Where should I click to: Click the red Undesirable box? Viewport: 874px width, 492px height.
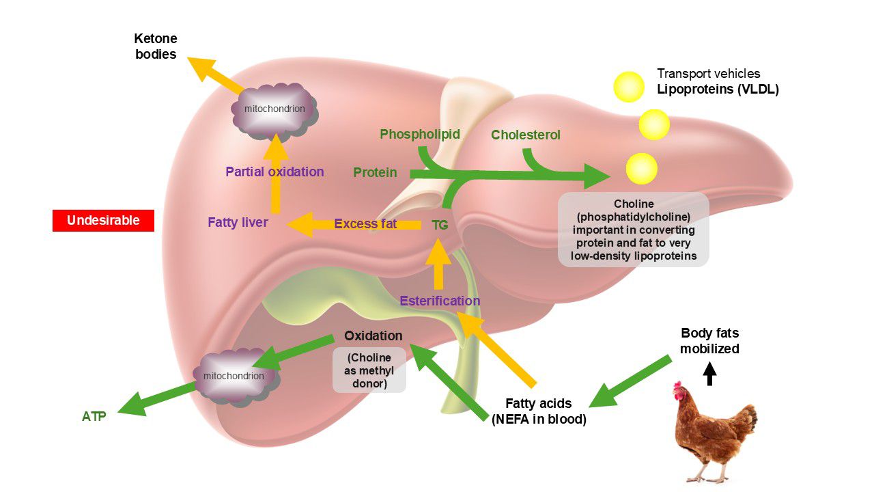(x=103, y=221)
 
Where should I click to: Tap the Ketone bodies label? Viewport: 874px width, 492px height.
(x=155, y=46)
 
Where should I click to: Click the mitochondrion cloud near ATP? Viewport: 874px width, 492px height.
(x=234, y=376)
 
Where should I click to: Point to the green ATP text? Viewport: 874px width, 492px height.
(x=94, y=415)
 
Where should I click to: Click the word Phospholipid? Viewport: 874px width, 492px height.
(x=420, y=134)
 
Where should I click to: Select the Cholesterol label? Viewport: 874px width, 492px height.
(x=526, y=135)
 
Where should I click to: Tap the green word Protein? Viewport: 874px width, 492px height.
(x=375, y=173)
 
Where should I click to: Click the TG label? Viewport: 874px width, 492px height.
(x=440, y=225)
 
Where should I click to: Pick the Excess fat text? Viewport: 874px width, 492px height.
(x=365, y=223)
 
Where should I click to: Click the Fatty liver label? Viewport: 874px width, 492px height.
(x=238, y=223)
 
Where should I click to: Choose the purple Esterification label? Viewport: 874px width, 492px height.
(x=440, y=301)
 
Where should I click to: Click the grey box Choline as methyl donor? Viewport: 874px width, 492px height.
(x=369, y=370)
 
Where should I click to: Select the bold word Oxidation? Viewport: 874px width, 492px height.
(x=373, y=336)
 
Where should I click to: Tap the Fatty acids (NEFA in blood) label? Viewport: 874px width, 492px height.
(x=539, y=411)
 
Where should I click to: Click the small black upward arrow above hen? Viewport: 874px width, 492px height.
(x=710, y=373)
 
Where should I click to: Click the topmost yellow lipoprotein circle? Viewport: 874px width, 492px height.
(x=628, y=87)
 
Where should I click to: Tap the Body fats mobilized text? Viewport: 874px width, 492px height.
(x=710, y=340)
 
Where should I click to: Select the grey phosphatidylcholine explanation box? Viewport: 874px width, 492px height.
(x=634, y=230)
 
